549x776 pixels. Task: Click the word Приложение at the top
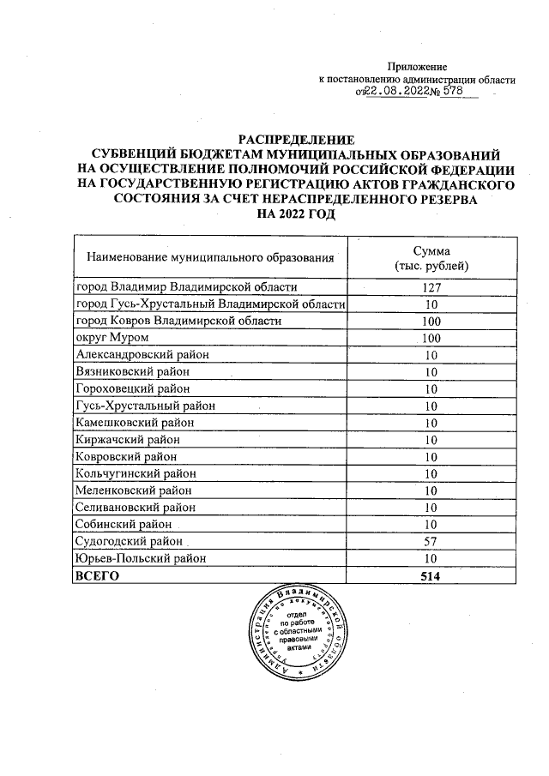418,67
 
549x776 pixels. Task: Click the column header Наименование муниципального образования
208,257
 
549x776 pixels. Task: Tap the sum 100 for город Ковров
431,322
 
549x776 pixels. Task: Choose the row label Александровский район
142,354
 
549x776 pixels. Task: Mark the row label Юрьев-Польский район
141,559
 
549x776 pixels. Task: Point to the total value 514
431,576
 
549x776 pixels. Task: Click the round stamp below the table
294,632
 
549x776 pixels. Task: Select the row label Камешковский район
136,423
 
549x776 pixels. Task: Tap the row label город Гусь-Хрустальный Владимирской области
210,304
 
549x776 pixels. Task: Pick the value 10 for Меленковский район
431,491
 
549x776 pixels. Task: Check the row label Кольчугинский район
136,474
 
